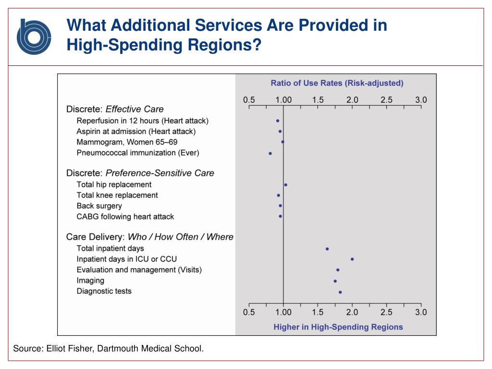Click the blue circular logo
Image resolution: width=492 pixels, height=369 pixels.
pyautogui.click(x=34, y=37)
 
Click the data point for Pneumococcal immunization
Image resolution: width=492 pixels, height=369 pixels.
pyautogui.click(x=270, y=153)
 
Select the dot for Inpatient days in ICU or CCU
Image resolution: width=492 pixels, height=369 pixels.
pyautogui.click(x=352, y=259)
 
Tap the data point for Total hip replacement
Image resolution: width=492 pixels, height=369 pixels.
pyautogui.click(x=285, y=184)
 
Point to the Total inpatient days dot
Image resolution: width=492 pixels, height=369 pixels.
pyautogui.click(x=327, y=249)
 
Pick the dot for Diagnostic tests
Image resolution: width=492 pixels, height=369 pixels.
pyautogui.click(x=340, y=292)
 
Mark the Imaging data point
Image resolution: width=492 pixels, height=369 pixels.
pyautogui.click(x=335, y=281)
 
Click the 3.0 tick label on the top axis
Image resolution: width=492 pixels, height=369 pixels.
pyautogui.click(x=421, y=100)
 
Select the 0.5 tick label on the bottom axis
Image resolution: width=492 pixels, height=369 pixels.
pyautogui.click(x=249, y=312)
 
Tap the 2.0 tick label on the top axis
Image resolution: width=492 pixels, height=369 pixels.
pyautogui.click(x=352, y=100)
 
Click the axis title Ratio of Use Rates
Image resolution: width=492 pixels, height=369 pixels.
pyautogui.click(x=337, y=83)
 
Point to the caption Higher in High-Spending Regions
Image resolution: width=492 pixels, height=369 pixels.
pyautogui.click(x=338, y=327)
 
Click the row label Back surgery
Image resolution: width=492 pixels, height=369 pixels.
pyautogui.click(x=99, y=206)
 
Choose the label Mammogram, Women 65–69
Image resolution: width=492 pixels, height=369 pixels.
pyautogui.click(x=127, y=142)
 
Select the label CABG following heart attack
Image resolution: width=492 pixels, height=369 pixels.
pyautogui.click(x=125, y=217)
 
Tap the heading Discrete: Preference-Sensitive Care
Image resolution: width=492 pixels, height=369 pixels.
pyautogui.click(x=140, y=173)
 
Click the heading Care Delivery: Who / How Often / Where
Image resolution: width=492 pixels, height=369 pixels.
pyautogui.click(x=149, y=237)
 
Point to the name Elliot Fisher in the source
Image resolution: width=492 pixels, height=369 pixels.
pyautogui.click(x=70, y=348)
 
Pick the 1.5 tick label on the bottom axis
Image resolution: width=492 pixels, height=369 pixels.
pyautogui.click(x=318, y=312)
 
